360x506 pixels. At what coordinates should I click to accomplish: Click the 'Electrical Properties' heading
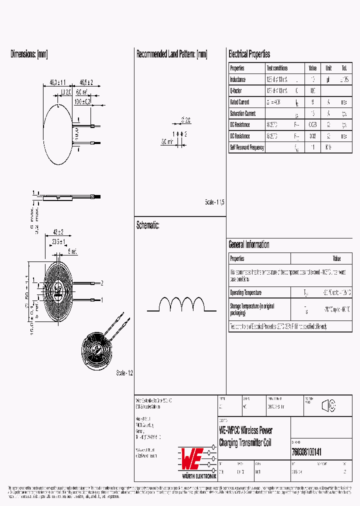click(249, 54)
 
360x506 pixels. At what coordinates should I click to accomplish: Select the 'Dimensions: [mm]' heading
click(29, 54)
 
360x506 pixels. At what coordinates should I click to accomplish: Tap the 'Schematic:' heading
click(147, 225)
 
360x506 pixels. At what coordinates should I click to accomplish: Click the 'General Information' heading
click(248, 244)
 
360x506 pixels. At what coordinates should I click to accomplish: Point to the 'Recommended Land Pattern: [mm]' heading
click(171, 54)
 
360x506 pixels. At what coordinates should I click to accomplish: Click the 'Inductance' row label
click(237, 79)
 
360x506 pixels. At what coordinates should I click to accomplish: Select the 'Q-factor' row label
click(235, 90)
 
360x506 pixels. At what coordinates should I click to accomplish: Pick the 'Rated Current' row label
click(239, 102)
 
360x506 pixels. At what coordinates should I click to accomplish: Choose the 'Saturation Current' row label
click(242, 113)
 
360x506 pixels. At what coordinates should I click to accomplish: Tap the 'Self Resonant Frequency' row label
click(246, 147)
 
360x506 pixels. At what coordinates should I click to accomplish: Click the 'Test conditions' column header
click(277, 68)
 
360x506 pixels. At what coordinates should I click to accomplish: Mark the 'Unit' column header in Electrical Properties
click(328, 68)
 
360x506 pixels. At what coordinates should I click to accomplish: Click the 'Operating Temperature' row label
click(245, 292)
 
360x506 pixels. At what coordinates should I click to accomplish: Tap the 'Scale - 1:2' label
click(124, 373)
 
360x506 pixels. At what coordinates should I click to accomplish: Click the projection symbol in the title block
click(328, 406)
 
